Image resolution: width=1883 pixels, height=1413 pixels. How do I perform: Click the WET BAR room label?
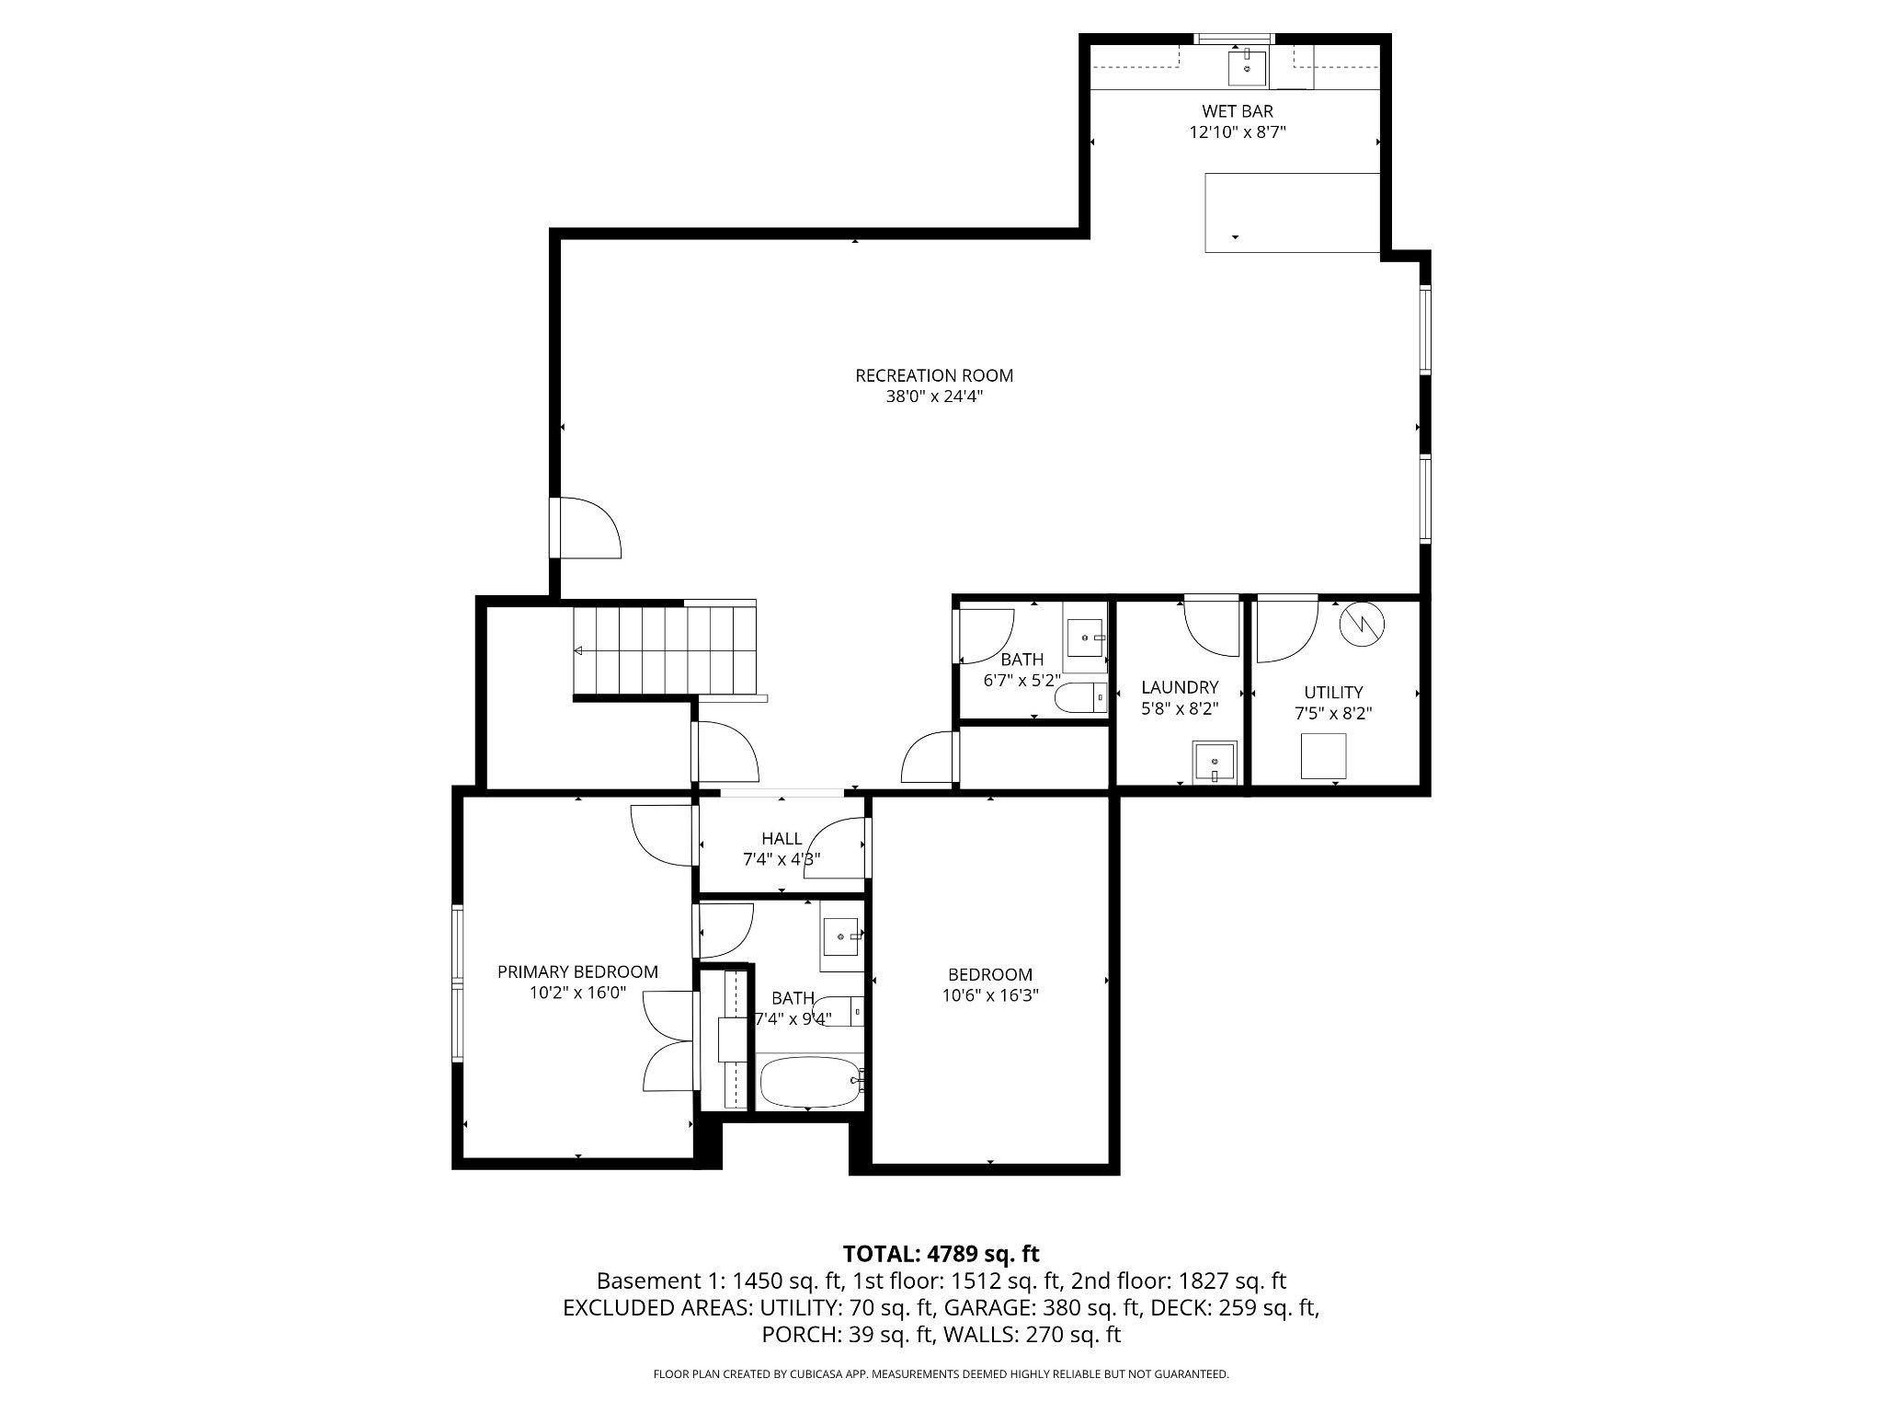[x=1237, y=111]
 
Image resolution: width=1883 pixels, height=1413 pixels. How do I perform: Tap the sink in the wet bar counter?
[x=1247, y=68]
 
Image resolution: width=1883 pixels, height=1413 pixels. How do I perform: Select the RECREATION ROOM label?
[x=933, y=375]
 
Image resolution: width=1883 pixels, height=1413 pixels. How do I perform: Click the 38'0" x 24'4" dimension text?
[x=933, y=397]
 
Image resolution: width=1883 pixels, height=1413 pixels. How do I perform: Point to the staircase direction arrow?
[x=578, y=650]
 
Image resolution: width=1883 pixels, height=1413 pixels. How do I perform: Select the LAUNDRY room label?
[x=1180, y=687]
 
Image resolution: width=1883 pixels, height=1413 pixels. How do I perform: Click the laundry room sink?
[x=1215, y=763]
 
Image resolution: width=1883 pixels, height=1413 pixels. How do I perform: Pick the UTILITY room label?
[x=1333, y=692]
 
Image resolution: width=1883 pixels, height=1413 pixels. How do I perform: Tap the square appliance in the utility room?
[x=1323, y=756]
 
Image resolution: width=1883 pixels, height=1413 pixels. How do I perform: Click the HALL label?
[x=782, y=838]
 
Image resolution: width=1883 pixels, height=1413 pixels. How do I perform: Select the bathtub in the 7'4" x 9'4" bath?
[x=809, y=1082]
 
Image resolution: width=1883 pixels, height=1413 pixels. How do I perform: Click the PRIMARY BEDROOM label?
[x=577, y=971]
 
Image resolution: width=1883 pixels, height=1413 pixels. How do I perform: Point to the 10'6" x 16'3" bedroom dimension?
[x=990, y=995]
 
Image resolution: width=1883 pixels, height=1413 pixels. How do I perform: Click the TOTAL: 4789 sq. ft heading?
[x=941, y=1253]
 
